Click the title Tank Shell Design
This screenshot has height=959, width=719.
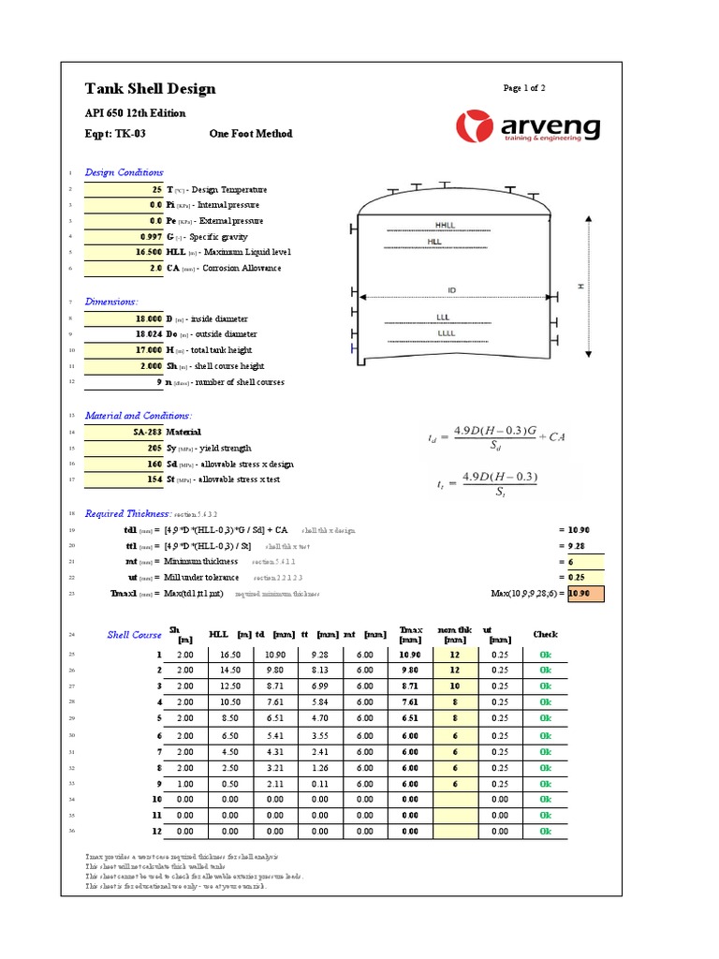150,89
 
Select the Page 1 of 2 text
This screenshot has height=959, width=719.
524,88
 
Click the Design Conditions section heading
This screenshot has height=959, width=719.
124,172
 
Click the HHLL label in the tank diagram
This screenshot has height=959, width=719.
443,226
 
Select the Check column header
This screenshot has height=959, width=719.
545,635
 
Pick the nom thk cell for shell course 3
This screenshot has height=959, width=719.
455,686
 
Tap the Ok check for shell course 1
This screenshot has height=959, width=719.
546,654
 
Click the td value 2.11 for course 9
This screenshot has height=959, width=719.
274,783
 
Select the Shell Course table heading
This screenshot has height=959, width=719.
134,635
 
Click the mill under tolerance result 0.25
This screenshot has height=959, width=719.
579,578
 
